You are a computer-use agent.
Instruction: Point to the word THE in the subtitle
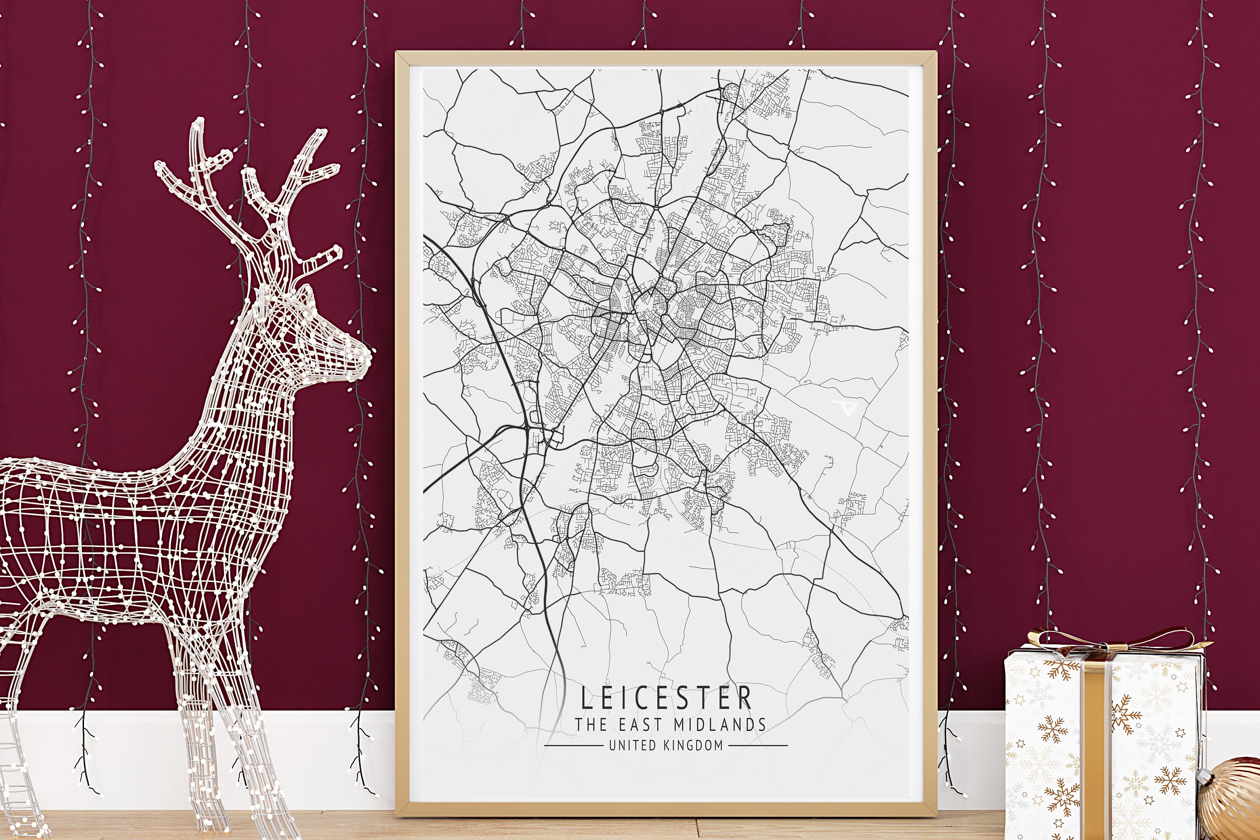[591, 725]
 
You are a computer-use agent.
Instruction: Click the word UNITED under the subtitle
[632, 745]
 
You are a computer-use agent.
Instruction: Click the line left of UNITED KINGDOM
[573, 745]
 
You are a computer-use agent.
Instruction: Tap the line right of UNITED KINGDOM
[758, 745]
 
